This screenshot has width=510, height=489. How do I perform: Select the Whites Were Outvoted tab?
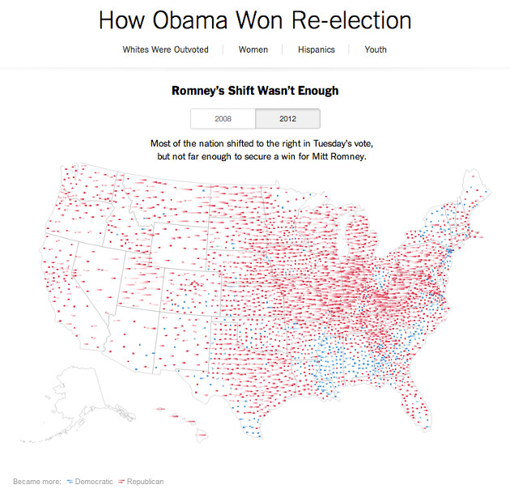[165, 49]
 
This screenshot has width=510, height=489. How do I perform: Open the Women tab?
[253, 49]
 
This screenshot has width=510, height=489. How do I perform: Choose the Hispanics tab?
[315, 49]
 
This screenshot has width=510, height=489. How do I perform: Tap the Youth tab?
[376, 49]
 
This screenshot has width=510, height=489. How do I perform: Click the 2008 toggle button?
[223, 118]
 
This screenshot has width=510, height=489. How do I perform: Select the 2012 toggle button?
[287, 118]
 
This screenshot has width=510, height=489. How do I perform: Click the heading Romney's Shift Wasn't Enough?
[255, 91]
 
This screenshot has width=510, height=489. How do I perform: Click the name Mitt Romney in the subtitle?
[339, 155]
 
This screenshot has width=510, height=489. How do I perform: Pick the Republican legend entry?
[143, 482]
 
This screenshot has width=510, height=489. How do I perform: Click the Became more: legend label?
[37, 482]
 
